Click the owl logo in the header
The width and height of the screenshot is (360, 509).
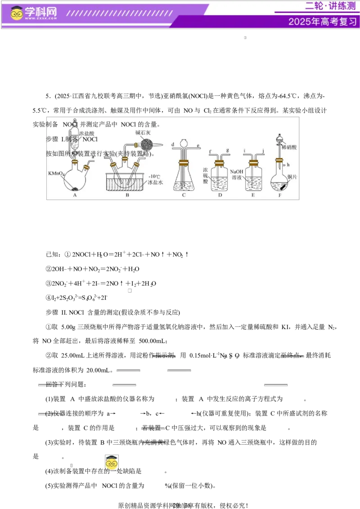(17, 13)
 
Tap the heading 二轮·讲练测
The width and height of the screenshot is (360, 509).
(330, 6)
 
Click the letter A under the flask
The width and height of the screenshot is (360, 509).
(75, 195)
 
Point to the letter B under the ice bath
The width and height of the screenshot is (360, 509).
(127, 195)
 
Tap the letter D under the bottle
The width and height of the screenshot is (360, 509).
(220, 195)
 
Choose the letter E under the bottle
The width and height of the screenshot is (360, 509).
(253, 195)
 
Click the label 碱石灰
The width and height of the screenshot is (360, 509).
(143, 133)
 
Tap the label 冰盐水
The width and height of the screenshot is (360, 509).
(155, 183)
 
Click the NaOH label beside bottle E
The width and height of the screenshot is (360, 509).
(236, 172)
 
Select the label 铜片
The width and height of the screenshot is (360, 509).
(292, 177)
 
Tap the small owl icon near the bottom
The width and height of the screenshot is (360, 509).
(111, 462)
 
